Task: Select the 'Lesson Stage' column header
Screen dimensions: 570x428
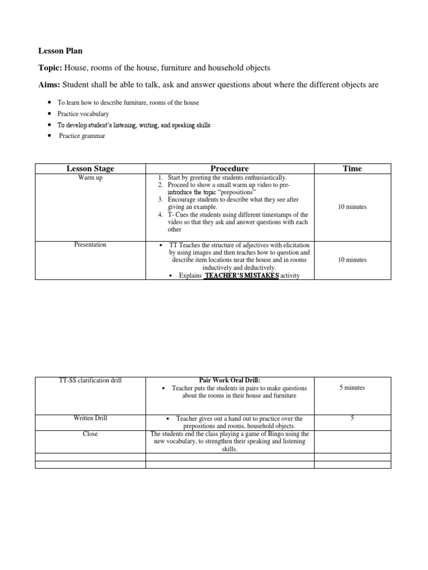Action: click(x=90, y=169)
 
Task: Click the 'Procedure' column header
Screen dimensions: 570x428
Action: click(x=230, y=169)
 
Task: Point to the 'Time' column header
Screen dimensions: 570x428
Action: click(x=352, y=169)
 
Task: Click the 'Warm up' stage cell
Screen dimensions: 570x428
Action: click(x=90, y=178)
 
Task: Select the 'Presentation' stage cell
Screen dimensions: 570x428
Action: click(x=90, y=244)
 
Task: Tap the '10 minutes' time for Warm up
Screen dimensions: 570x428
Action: click(x=352, y=207)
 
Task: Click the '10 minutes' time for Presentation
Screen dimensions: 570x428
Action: click(x=352, y=260)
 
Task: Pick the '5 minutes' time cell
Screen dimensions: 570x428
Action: click(x=352, y=387)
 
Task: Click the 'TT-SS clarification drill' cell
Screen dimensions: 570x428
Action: click(x=90, y=380)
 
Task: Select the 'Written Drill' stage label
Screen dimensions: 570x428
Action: click(x=90, y=418)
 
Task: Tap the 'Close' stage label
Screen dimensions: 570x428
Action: click(x=90, y=434)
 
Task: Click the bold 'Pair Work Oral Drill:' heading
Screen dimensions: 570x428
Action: click(x=230, y=380)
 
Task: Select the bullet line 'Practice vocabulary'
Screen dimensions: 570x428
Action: click(x=83, y=114)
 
